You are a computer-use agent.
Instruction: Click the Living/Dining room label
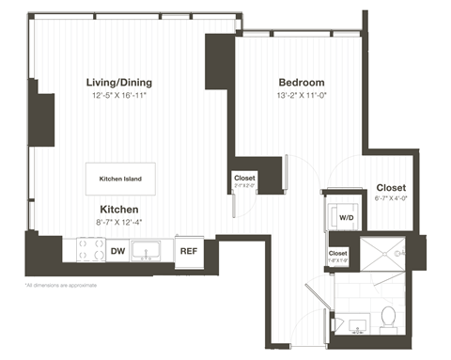tap(119, 82)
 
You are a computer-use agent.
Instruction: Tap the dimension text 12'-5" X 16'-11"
tap(119, 95)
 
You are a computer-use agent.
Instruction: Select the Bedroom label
tap(302, 82)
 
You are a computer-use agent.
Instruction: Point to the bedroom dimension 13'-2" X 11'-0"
tap(302, 95)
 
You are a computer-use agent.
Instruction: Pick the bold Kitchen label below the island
tap(119, 209)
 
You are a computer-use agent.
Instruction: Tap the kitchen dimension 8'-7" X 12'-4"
tap(119, 222)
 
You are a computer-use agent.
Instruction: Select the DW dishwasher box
tap(117, 251)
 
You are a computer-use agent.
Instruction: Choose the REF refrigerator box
tap(188, 251)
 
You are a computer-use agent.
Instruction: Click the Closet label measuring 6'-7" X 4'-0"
tap(391, 188)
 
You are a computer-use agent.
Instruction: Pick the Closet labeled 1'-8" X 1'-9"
tap(338, 255)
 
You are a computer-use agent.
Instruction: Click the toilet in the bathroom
tap(388, 318)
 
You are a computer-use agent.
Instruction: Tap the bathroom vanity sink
tap(352, 323)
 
